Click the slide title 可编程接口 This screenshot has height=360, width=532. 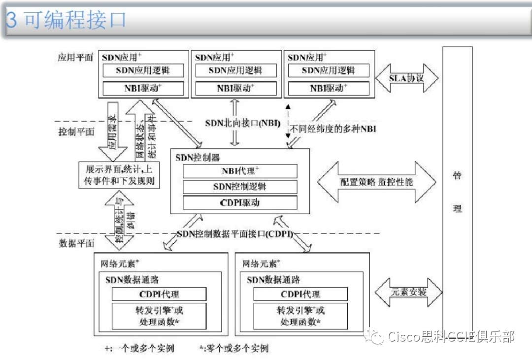(66, 20)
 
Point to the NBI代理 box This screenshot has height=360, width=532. (240, 171)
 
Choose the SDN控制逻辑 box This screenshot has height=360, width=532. (240, 187)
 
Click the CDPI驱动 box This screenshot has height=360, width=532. (240, 202)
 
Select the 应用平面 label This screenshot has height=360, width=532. (75, 57)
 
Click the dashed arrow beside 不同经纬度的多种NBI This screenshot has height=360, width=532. (288, 123)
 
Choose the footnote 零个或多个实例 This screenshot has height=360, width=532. (233, 348)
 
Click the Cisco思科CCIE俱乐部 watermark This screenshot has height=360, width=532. (443, 337)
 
